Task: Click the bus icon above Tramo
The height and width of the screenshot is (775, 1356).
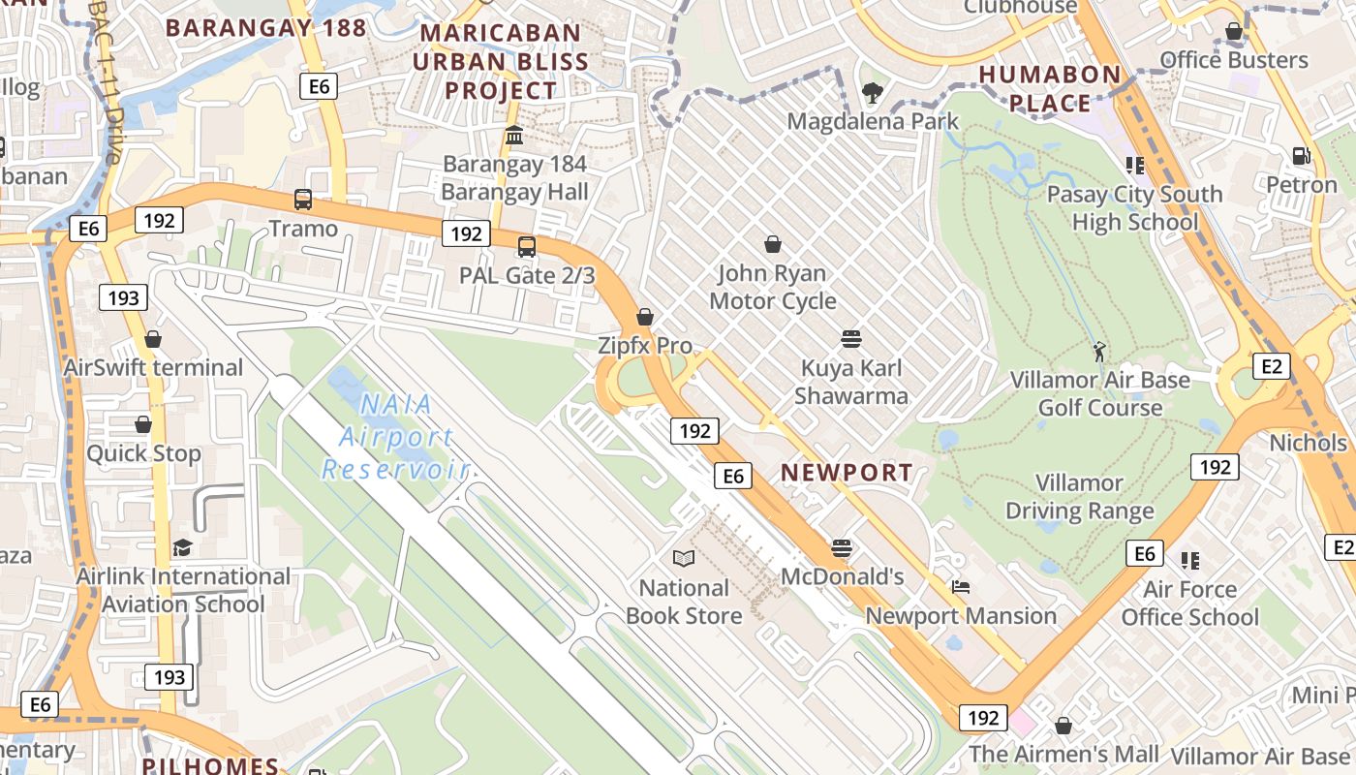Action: tap(303, 200)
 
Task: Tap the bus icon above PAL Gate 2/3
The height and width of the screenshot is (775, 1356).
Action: tap(526, 247)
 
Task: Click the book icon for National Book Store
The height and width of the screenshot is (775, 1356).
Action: tap(684, 558)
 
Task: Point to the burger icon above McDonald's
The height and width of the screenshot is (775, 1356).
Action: tap(842, 547)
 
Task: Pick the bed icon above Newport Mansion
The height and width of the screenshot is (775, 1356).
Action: tap(960, 587)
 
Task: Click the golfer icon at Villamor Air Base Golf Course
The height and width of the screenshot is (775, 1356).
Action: tap(1099, 351)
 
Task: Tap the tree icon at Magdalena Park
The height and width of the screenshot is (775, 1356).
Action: tap(872, 93)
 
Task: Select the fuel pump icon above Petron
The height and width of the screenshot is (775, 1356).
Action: tap(1301, 156)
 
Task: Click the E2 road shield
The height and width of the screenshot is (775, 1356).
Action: tap(1272, 365)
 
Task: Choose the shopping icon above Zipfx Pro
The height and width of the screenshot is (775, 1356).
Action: tap(644, 317)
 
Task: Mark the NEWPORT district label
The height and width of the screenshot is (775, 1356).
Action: tap(847, 473)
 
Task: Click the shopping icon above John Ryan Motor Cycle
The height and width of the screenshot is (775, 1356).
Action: tap(773, 244)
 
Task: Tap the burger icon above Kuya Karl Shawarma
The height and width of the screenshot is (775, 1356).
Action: tap(851, 339)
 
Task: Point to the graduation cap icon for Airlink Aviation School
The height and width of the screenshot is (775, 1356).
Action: tap(182, 548)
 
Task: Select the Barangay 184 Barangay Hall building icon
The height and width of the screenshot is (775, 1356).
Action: tap(514, 135)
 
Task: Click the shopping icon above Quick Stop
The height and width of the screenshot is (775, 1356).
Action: tap(143, 424)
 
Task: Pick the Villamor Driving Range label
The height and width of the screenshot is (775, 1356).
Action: tap(1079, 497)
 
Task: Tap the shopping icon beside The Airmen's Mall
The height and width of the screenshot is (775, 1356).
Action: tap(1063, 726)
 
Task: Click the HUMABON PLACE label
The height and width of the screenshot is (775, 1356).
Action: tap(1049, 88)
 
